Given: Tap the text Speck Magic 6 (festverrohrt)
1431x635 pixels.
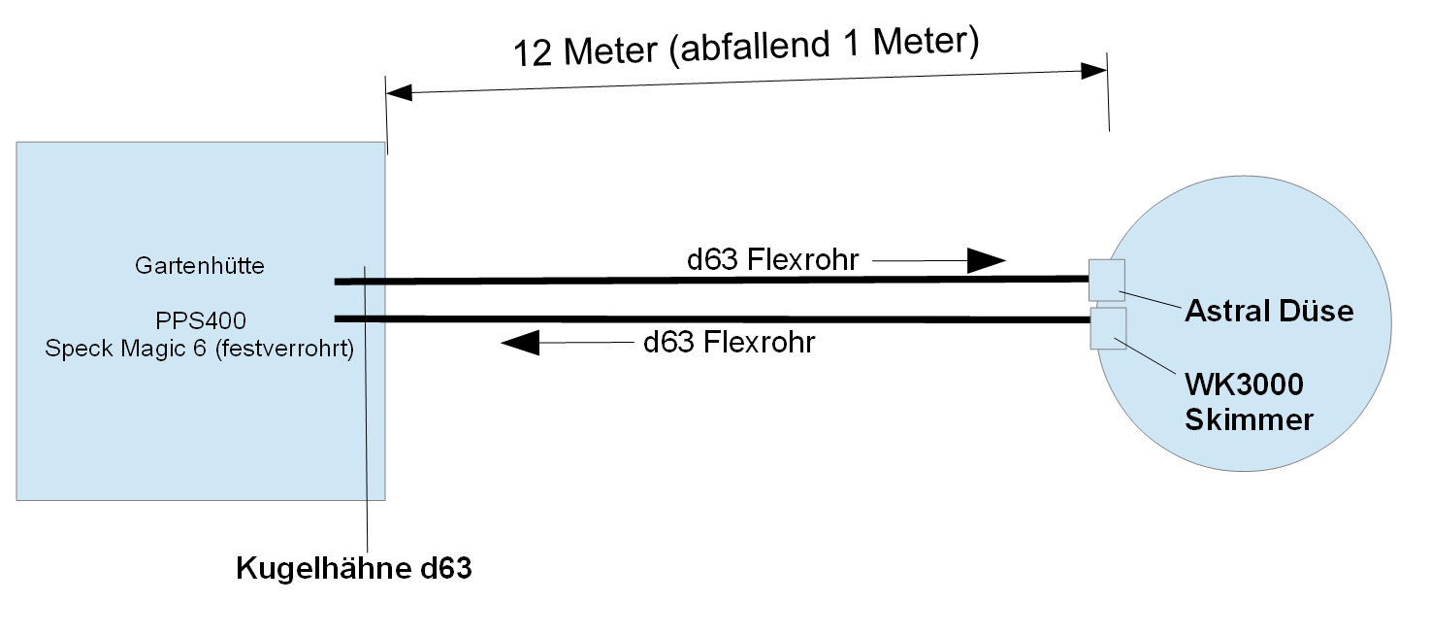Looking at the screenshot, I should coord(198,348).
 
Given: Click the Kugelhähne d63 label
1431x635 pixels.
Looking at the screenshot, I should coord(353,569).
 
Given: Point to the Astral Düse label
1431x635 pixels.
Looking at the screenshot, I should coord(1268,311).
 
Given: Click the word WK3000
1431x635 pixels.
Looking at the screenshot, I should coord(1244,384).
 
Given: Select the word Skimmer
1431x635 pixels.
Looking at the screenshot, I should coord(1249,419).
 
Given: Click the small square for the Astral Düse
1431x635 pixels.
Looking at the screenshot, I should coord(1106,280).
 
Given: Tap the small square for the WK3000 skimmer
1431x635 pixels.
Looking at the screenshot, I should coord(1108,328).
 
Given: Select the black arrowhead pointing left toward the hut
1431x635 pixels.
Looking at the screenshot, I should coord(520,341).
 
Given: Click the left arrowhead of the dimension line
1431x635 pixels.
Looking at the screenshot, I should coord(399,93).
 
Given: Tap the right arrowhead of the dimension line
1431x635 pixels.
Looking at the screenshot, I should coord(1094,71).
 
